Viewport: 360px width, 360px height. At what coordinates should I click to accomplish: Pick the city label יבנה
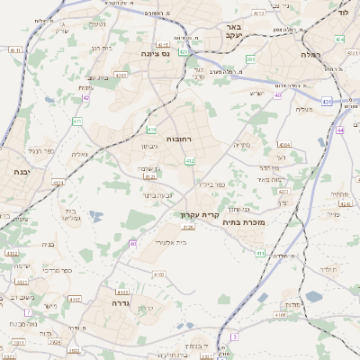17,170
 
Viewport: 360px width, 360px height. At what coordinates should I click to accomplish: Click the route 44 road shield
340,130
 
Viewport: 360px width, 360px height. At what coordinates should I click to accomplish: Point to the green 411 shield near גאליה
77,121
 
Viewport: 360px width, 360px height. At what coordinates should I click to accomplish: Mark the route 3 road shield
234,337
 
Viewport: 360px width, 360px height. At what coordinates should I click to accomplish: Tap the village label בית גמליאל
73,212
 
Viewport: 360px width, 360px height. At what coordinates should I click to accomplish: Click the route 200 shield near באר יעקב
250,59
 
